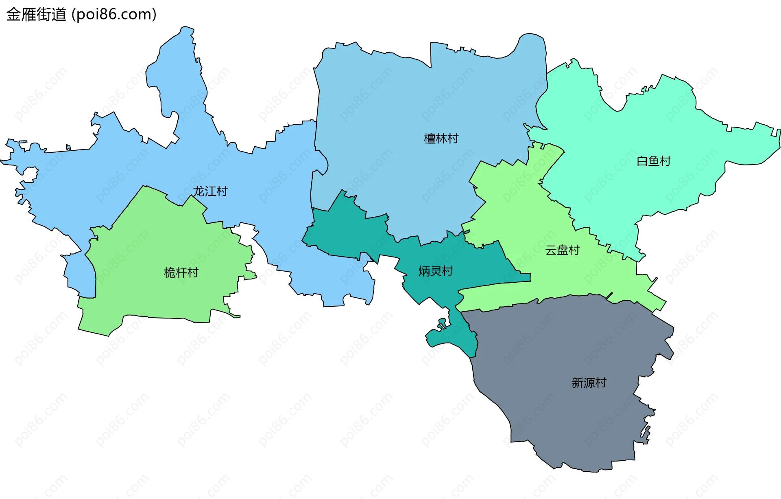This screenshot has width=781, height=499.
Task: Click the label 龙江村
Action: [210, 191]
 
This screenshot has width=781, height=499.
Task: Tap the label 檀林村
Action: [441, 138]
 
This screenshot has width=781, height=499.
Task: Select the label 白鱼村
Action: [653, 161]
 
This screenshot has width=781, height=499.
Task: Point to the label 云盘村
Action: [562, 250]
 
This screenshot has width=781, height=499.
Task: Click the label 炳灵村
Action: [436, 271]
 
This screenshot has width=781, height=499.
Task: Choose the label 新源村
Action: [589, 382]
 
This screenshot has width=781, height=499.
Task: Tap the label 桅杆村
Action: [181, 273]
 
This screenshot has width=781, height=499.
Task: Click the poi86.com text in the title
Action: [114, 15]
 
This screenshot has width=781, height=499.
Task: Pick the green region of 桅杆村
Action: [155, 244]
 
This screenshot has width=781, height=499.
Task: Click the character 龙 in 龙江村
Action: [199, 191]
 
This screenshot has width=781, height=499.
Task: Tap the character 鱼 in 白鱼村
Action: [654, 161]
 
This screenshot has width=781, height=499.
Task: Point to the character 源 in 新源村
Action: [589, 382]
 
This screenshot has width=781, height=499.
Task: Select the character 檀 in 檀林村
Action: [430, 138]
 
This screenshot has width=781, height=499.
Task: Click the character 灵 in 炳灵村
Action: [436, 271]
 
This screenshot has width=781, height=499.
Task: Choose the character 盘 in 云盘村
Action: [563, 250]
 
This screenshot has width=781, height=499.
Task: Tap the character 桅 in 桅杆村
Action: [170, 273]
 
